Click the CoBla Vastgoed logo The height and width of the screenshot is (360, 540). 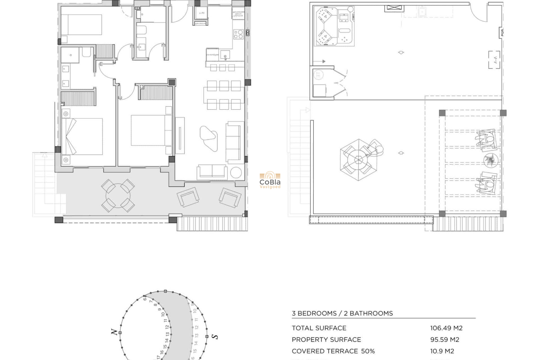[x=270, y=180]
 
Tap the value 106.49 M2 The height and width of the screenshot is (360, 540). [x=446, y=328]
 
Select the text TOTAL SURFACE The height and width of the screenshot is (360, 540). [x=319, y=328]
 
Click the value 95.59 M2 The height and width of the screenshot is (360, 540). [x=444, y=339]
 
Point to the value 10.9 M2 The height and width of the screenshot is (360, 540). [x=442, y=351]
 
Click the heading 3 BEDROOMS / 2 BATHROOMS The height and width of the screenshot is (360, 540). [x=342, y=313]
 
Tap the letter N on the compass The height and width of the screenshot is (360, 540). [x=114, y=332]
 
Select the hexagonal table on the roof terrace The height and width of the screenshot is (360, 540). [x=358, y=160]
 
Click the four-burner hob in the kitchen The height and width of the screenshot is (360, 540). [x=238, y=34]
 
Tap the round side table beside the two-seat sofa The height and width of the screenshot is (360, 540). [x=236, y=173]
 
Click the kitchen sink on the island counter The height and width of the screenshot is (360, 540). [x=225, y=55]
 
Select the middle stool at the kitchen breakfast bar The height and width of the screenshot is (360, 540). [x=222, y=68]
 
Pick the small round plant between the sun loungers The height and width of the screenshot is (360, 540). [x=490, y=160]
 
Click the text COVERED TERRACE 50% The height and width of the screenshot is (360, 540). [x=333, y=351]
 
